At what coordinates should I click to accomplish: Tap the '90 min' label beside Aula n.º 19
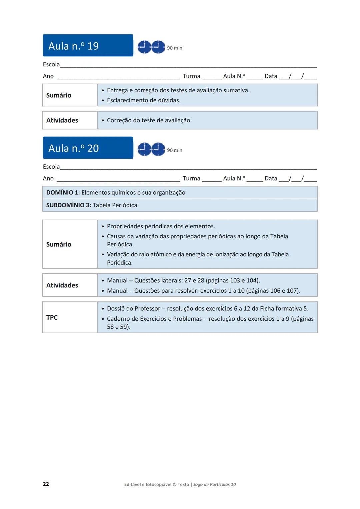coord(175,48)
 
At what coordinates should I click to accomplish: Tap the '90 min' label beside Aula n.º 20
coord(175,150)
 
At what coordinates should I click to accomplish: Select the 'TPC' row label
coord(52,317)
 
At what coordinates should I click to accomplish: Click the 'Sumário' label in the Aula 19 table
coord(59,95)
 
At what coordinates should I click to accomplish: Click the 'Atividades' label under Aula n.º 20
coord(62,285)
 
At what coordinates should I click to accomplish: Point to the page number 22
coord(46,484)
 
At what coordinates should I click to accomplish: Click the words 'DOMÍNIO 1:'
coord(63,193)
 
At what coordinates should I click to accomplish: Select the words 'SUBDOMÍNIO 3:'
coord(69,205)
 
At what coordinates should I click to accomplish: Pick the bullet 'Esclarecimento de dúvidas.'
coord(144,100)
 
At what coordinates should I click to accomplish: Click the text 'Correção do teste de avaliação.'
coord(149,120)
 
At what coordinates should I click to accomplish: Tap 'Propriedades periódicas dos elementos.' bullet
coord(161,226)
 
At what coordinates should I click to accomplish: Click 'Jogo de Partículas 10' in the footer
coord(215,484)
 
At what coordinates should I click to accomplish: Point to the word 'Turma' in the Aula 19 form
coord(191,76)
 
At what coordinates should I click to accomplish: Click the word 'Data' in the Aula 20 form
coord(271,178)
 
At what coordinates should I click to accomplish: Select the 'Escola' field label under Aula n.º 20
coord(51,167)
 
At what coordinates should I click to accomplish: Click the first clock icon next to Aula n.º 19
coord(144,47)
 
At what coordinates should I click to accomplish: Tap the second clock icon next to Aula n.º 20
coord(158,149)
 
